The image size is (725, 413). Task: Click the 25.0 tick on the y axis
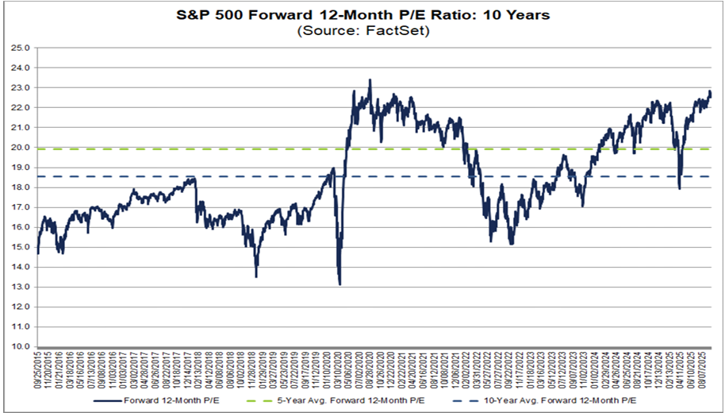[x=22, y=48]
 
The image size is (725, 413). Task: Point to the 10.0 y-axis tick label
[x=22, y=346]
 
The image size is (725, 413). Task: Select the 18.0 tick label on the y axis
[x=22, y=187]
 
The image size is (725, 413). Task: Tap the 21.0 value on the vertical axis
[x=22, y=127]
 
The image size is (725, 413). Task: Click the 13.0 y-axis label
[x=22, y=287]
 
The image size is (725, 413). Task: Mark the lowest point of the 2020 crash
[x=339, y=284]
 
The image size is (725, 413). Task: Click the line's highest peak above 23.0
[x=370, y=80]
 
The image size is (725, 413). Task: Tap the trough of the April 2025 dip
[x=680, y=188]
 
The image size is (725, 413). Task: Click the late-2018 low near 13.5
[x=256, y=276]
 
